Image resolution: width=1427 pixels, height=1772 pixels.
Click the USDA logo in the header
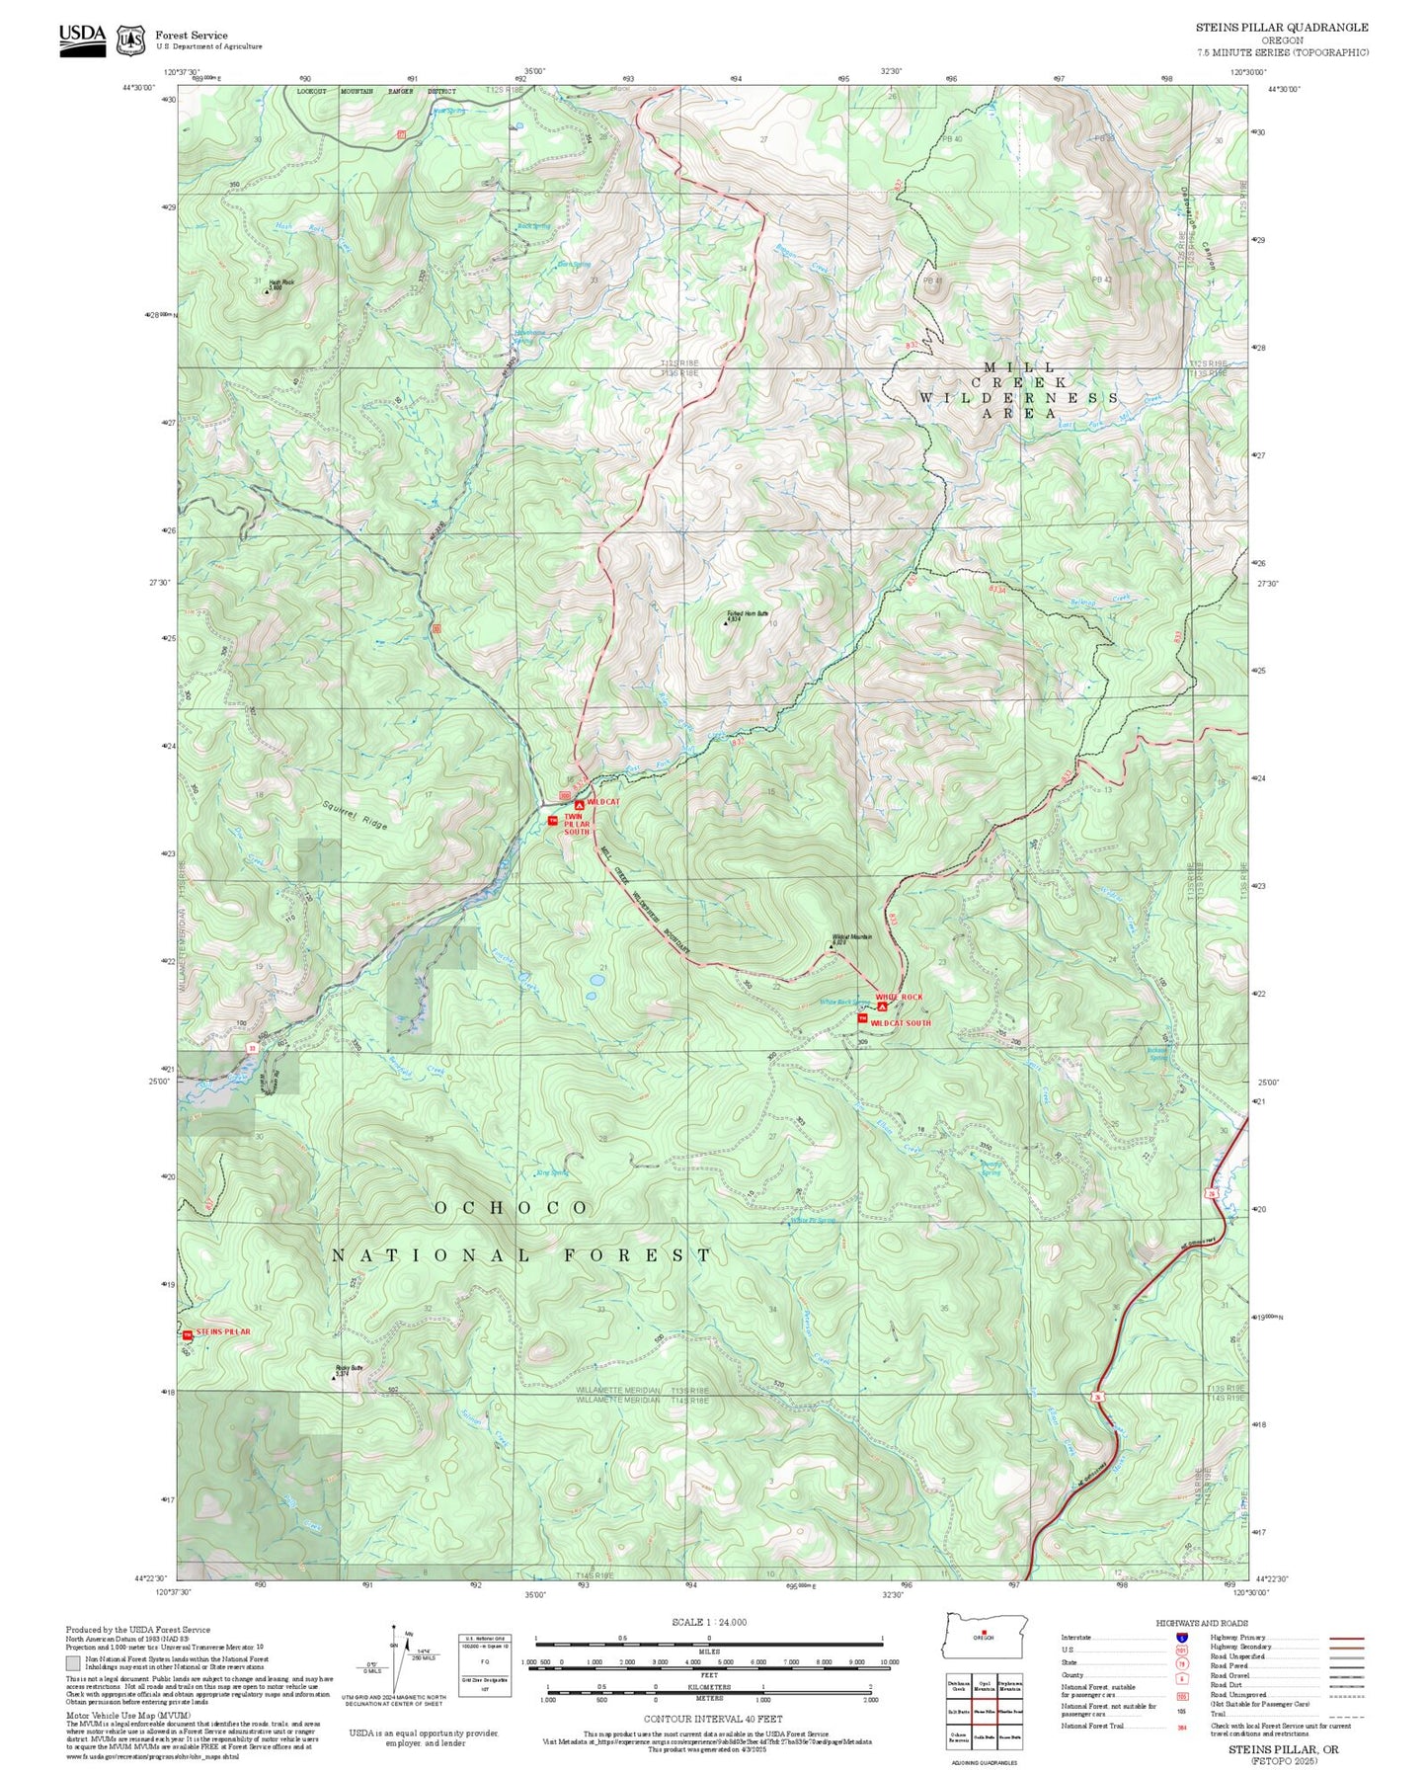(82, 39)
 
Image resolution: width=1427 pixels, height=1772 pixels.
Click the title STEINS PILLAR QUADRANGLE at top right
(1281, 28)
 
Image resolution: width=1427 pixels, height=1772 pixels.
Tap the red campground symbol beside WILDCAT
(580, 805)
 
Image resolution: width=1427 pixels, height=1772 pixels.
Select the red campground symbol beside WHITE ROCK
(882, 1007)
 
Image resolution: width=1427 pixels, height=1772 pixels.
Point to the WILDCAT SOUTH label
(900, 1023)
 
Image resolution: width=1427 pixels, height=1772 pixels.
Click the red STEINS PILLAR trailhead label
(222, 1331)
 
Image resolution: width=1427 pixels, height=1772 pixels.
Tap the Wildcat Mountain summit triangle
(832, 945)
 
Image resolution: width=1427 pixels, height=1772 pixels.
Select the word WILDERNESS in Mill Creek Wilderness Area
(1018, 398)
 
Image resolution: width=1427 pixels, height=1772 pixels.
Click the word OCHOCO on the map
(512, 1208)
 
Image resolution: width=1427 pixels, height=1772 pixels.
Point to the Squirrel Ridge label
(355, 812)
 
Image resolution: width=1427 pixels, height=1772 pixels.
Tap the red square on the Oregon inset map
(984, 1632)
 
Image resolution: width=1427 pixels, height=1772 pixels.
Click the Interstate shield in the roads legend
(1182, 1638)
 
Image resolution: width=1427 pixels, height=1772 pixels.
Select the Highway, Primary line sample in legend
(1346, 1638)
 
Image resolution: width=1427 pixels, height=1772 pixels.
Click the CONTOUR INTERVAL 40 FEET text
(712, 1720)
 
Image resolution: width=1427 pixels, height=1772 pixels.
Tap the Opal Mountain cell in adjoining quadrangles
(984, 1689)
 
